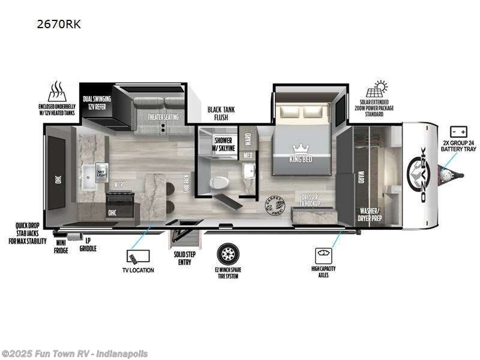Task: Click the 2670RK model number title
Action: coord(58,25)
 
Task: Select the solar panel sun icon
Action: coord(380,89)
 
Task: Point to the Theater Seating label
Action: coord(163,117)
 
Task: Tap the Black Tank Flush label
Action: coord(221,113)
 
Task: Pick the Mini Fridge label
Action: coord(62,246)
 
